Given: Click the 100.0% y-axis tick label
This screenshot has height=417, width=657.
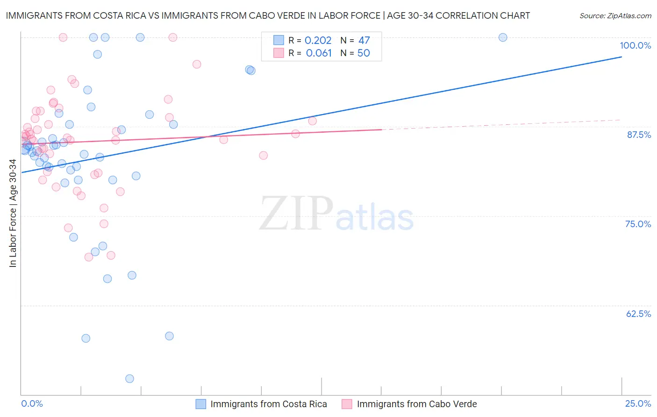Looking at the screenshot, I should coord(635,45).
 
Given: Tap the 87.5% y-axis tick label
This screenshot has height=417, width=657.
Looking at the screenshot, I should coord(638,135).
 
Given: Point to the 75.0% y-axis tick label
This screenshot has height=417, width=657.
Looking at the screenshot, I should coord(638,224).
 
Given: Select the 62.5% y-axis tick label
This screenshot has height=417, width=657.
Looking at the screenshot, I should coord(638,314).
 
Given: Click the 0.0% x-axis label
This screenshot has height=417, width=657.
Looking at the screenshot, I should coord(32,404).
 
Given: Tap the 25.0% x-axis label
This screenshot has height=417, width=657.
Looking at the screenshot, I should coord(638,404).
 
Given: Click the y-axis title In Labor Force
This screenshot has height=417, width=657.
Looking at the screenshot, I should coord(13,213).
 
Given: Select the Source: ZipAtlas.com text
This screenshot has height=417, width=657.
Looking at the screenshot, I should coord(615,16).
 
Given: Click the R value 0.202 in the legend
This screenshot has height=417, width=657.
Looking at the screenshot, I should coord(318,41).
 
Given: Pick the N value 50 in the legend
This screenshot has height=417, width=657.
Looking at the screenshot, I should coord(364,53).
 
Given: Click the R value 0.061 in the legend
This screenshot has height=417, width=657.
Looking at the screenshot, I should coord(319,53).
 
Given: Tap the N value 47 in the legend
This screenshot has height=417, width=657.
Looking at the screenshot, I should coord(364,41).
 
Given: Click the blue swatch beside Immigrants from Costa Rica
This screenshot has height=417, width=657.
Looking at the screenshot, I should coord(201,404).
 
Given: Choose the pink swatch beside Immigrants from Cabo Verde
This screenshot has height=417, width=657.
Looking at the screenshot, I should coord(347,404).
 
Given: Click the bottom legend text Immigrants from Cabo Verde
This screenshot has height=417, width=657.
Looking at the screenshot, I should coord(417,404).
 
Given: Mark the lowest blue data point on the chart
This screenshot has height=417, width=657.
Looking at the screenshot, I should coord(129,379).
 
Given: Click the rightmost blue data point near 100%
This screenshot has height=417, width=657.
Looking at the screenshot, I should coord(503,37).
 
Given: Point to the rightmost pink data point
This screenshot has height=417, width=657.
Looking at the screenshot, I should coord(312,121).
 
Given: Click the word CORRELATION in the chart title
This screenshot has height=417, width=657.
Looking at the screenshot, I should coord(467,16).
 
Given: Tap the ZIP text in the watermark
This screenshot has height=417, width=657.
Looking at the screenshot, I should coord(296,214).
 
